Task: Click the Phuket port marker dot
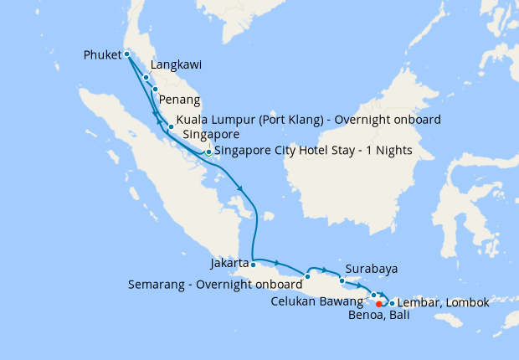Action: coord(126,54)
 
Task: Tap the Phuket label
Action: coord(103,55)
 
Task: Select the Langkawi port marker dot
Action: coord(146,77)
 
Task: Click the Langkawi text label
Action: coord(177,64)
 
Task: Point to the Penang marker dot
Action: coord(155,89)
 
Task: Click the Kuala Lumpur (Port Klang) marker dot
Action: coord(171,127)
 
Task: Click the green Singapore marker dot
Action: coord(208,152)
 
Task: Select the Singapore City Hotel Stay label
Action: coord(287,152)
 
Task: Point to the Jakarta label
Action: coord(229,264)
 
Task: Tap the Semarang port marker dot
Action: coord(308,276)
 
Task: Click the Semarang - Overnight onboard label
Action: coord(214,284)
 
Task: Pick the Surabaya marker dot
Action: coord(342,280)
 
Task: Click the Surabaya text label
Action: coord(370,270)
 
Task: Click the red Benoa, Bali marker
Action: coord(379,303)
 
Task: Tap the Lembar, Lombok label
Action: coord(442,301)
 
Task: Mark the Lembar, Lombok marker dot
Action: coord(392,301)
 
